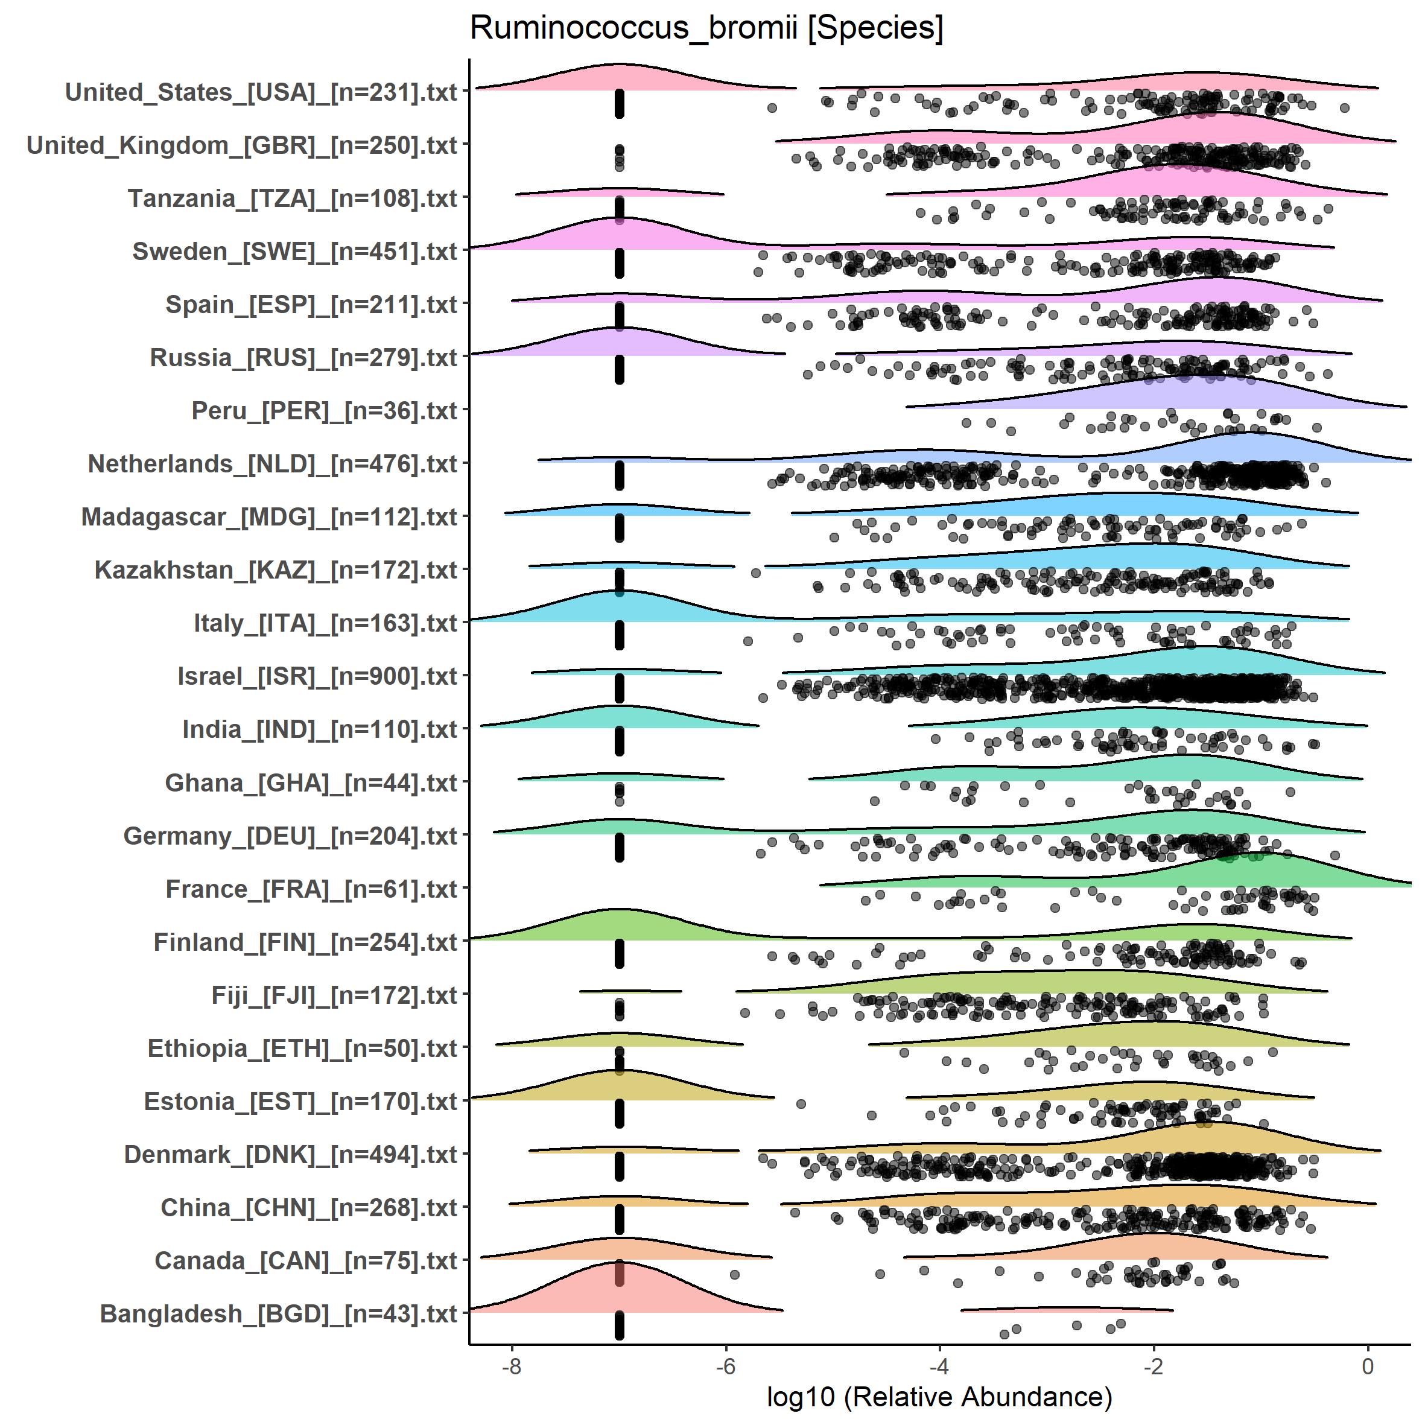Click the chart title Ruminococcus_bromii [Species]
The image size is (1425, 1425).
[706, 28]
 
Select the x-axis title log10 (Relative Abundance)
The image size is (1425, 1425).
[939, 1396]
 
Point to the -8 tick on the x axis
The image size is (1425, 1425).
[511, 1366]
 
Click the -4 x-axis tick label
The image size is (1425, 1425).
[939, 1366]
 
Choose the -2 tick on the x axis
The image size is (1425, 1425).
[1153, 1366]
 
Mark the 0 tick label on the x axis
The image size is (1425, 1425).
[1368, 1366]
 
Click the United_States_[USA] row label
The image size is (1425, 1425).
[261, 92]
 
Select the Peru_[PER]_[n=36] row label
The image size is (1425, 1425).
[325, 411]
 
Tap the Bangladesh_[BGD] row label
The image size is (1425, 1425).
[279, 1313]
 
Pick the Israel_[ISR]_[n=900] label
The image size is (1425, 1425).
[317, 676]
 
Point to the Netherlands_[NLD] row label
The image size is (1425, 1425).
[273, 464]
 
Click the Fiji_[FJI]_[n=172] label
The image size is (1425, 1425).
[334, 995]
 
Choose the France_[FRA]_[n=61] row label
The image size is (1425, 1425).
[311, 889]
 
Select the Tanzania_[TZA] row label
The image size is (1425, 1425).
[292, 198]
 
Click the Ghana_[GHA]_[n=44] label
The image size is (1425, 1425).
[311, 782]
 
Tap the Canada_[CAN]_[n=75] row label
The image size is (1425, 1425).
[306, 1260]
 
